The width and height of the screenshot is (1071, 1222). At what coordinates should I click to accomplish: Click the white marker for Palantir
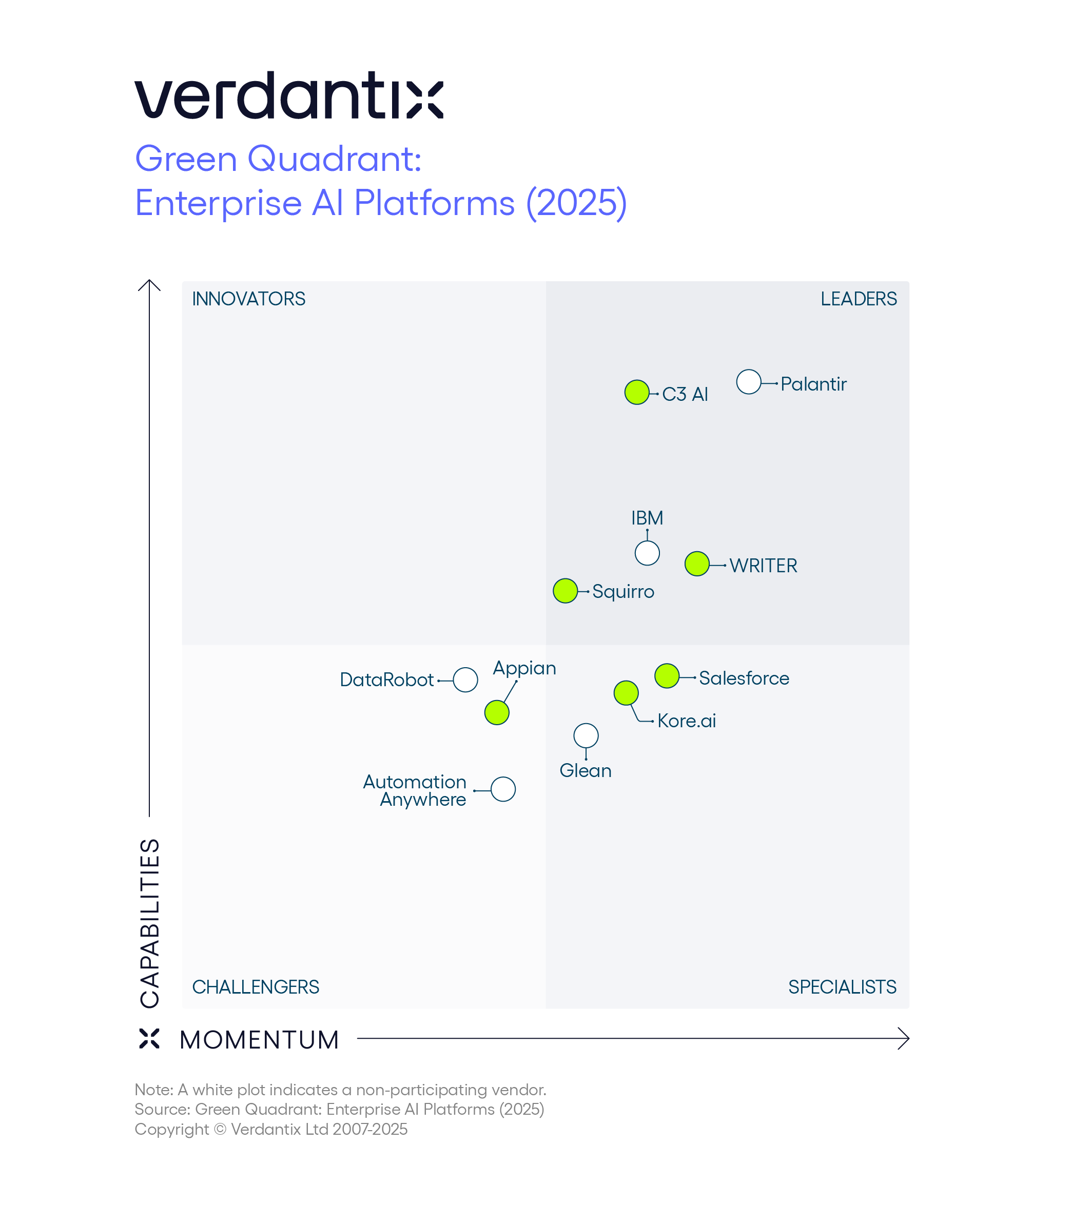[x=748, y=382]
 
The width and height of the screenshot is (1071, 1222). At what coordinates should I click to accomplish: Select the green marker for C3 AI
[x=636, y=393]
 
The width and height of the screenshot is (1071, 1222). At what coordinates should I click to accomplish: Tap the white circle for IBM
[x=647, y=553]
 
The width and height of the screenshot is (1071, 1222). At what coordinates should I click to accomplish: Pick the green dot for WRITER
[x=697, y=564]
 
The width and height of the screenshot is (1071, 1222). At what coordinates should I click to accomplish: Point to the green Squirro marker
[x=565, y=591]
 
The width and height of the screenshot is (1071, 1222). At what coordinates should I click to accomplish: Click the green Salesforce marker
[x=667, y=676]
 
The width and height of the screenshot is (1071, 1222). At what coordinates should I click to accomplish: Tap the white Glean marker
[x=586, y=735]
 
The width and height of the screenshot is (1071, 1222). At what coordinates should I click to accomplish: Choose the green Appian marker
[x=497, y=712]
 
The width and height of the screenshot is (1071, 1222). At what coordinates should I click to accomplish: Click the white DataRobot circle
[x=465, y=680]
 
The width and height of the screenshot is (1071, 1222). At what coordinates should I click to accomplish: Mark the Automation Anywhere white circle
[x=503, y=789]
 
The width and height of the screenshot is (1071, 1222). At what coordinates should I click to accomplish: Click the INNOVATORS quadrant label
[x=248, y=299]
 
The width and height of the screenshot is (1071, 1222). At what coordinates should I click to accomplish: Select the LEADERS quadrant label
[x=858, y=299]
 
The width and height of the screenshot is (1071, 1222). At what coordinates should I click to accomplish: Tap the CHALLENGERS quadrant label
[x=255, y=987]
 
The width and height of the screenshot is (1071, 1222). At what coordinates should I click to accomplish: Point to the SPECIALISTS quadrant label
[x=842, y=987]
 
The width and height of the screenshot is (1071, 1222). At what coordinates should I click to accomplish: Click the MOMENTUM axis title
[x=259, y=1040]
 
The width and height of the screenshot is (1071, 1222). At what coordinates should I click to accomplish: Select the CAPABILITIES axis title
[x=150, y=923]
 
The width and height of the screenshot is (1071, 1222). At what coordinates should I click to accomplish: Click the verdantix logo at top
[x=289, y=95]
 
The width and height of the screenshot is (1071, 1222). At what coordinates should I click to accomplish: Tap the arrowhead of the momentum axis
[x=905, y=1039]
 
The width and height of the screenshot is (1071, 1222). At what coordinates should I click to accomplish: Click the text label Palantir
[x=813, y=384]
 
